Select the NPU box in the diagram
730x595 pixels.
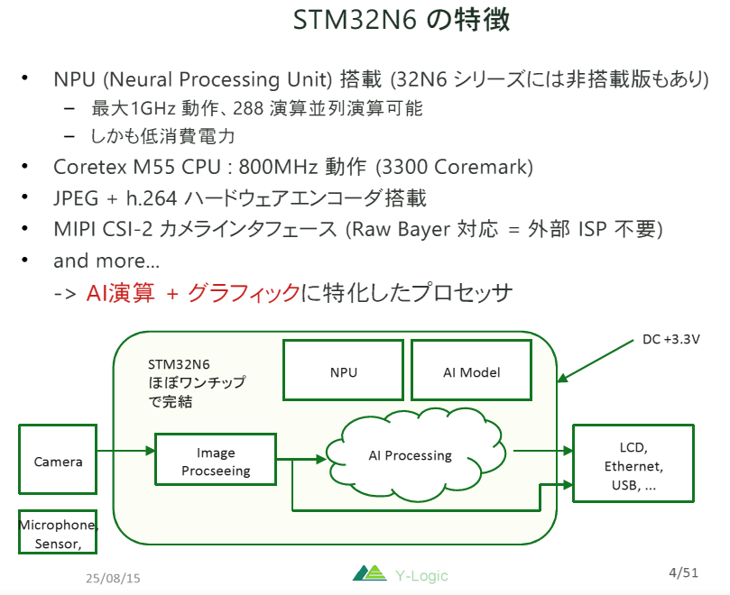(342, 371)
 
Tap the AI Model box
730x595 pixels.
(472, 371)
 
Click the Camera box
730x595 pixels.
(58, 461)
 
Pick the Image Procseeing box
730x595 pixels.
(215, 462)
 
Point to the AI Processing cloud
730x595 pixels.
(410, 455)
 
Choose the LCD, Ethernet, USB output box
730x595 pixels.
(633, 464)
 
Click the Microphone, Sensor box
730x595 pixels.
(58, 533)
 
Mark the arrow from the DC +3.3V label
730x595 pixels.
(596, 362)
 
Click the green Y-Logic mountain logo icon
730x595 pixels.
(368, 574)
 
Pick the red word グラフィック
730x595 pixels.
(243, 293)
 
